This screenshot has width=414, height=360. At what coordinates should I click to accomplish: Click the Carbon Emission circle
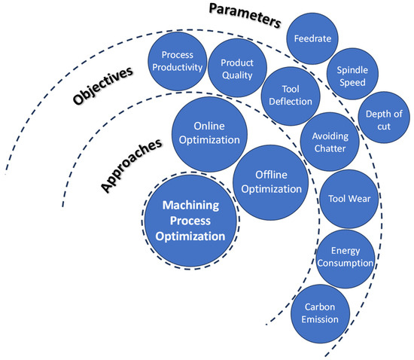(321, 313)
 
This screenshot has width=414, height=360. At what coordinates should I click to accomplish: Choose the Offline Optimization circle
(270, 182)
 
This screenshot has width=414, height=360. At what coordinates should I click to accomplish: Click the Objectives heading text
(101, 87)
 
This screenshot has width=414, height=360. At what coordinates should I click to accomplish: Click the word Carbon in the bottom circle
(321, 307)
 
